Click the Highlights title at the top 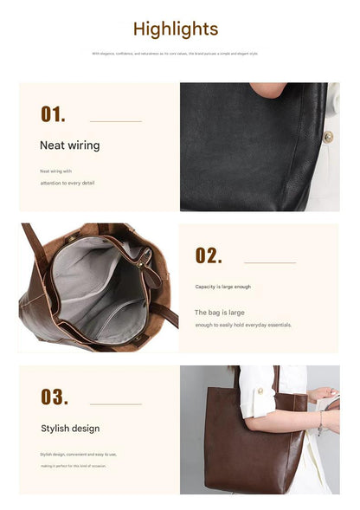coord(176,29)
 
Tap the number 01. coord(53,114)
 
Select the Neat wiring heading coord(69,145)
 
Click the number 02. coord(209,255)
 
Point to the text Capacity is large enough coord(223,287)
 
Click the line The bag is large coord(219,312)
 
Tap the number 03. coord(54,397)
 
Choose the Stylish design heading coord(70,429)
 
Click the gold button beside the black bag coord(328,136)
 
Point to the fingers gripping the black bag coord(267,89)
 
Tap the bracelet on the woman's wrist coord(320,424)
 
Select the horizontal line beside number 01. coord(115,121)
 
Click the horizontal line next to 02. coord(270,262)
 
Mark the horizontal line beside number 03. coord(115,403)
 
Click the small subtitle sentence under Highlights coord(176,53)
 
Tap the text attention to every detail coord(68,184)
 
